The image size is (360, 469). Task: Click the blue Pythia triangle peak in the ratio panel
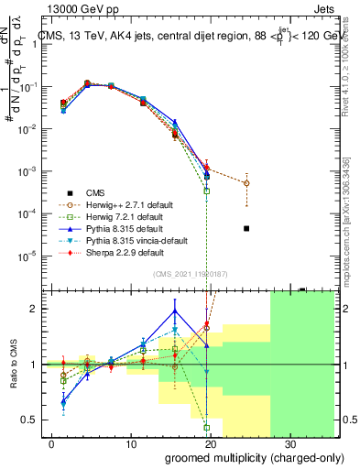[175, 311]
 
